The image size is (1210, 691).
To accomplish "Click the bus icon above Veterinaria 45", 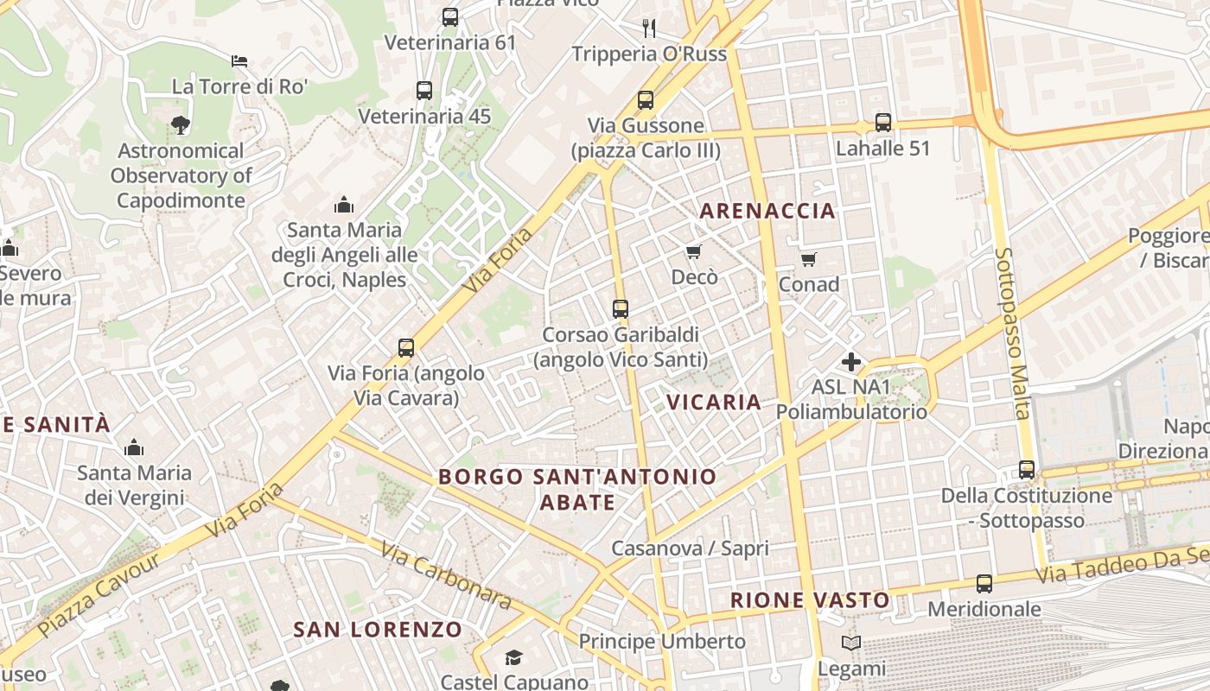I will [x=423, y=91].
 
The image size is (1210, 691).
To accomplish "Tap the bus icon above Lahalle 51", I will [x=882, y=123].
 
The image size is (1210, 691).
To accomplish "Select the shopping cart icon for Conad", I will [x=809, y=259].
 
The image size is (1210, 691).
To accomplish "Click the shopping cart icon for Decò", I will [x=693, y=251].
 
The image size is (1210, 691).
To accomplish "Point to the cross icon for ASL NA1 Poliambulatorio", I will [x=851, y=362].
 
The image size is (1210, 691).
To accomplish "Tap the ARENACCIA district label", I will [x=767, y=211].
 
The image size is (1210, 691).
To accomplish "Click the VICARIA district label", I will [x=714, y=402].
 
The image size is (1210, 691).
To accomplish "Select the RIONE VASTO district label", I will [x=810, y=600].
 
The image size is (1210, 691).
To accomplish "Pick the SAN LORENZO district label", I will [x=378, y=629].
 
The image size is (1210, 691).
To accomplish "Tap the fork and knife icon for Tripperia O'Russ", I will [x=649, y=29].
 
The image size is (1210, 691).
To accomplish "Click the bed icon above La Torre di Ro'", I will [x=239, y=61].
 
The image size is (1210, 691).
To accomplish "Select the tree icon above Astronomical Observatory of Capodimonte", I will [x=181, y=126].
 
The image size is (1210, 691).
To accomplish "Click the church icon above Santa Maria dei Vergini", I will [x=134, y=447].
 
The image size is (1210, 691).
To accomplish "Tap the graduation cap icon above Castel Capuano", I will [x=514, y=658].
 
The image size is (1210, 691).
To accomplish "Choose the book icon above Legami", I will [x=851, y=643].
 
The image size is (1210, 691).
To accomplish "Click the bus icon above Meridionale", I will [x=984, y=584].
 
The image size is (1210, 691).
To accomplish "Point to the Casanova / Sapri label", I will [x=690, y=548].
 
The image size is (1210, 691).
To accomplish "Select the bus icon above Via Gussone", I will [x=645, y=100].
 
